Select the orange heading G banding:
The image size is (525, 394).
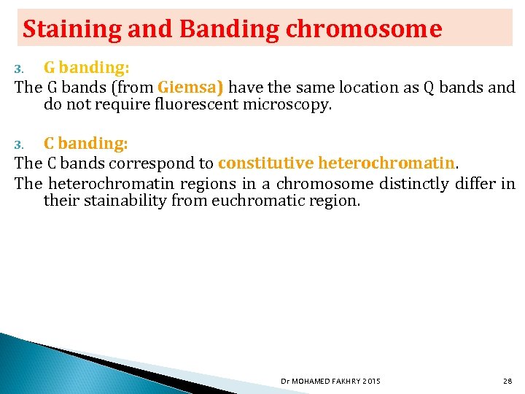(87, 68)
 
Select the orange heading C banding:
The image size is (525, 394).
(86, 144)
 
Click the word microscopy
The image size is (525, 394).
(291, 105)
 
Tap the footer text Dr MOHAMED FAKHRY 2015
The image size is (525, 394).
(330, 381)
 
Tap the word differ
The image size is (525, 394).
(477, 183)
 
